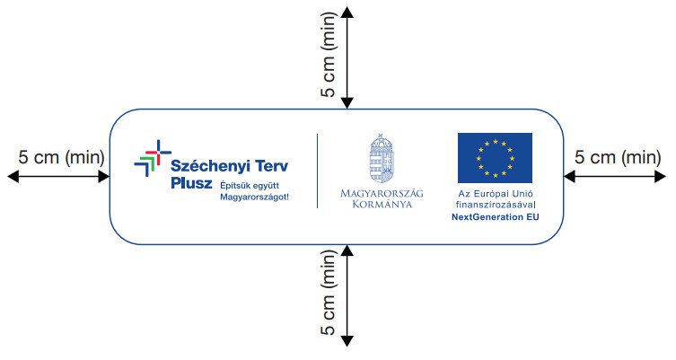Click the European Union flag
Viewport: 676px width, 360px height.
click(x=495, y=158)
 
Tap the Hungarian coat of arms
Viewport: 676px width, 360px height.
click(x=382, y=158)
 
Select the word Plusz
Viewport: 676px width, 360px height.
click(x=191, y=183)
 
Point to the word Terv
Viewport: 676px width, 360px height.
click(x=272, y=165)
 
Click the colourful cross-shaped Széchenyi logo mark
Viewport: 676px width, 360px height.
click(x=153, y=158)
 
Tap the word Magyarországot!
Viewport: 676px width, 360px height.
click(x=254, y=197)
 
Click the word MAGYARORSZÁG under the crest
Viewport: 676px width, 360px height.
click(x=382, y=193)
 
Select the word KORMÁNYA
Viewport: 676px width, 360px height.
click(x=382, y=204)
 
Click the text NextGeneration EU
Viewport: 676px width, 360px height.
click(x=496, y=217)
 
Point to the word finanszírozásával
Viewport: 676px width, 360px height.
click(x=496, y=206)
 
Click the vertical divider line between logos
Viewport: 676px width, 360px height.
click(x=318, y=171)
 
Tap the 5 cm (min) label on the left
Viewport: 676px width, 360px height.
click(x=62, y=157)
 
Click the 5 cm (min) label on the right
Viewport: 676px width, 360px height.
click(x=618, y=157)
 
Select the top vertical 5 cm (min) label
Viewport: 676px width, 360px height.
click(x=328, y=55)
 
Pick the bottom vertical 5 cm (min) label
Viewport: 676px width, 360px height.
click(x=328, y=293)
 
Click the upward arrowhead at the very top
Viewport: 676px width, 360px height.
click(x=347, y=12)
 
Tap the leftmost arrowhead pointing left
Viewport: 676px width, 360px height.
click(x=13, y=176)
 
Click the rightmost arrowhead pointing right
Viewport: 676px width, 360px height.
click(x=661, y=176)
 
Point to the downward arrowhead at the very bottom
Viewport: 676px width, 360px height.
click(x=347, y=341)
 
